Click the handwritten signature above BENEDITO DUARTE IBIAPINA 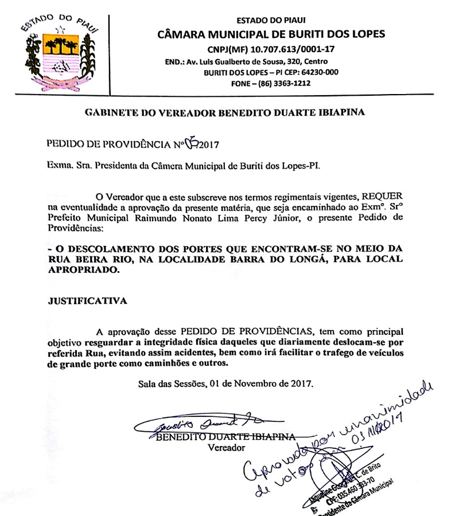click(195, 424)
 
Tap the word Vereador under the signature click(226, 447)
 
